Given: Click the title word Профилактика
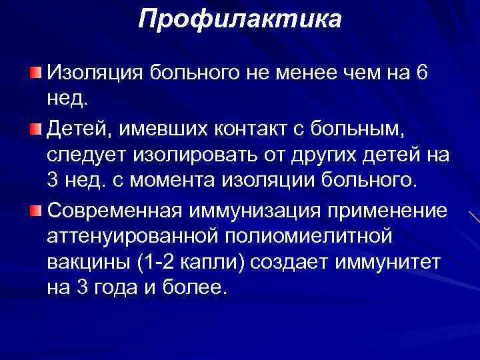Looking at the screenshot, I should coord(239,19).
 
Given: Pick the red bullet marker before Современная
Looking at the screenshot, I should coord(35,210).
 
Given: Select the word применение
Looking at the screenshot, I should coord(391,211).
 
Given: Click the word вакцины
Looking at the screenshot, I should coord(87,263).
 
